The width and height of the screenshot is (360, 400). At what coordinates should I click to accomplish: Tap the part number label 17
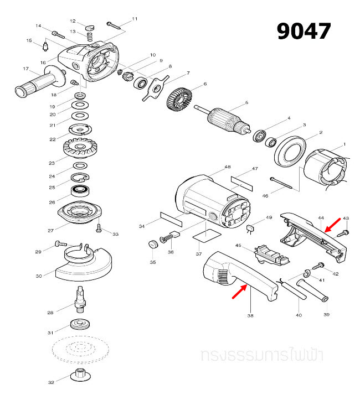25,69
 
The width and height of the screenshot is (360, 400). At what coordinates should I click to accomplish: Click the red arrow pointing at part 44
333,225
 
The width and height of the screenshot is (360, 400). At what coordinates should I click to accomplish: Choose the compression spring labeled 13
89,37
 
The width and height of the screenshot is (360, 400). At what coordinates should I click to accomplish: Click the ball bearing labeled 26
81,193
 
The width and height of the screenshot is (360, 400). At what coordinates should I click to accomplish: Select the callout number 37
198,254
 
